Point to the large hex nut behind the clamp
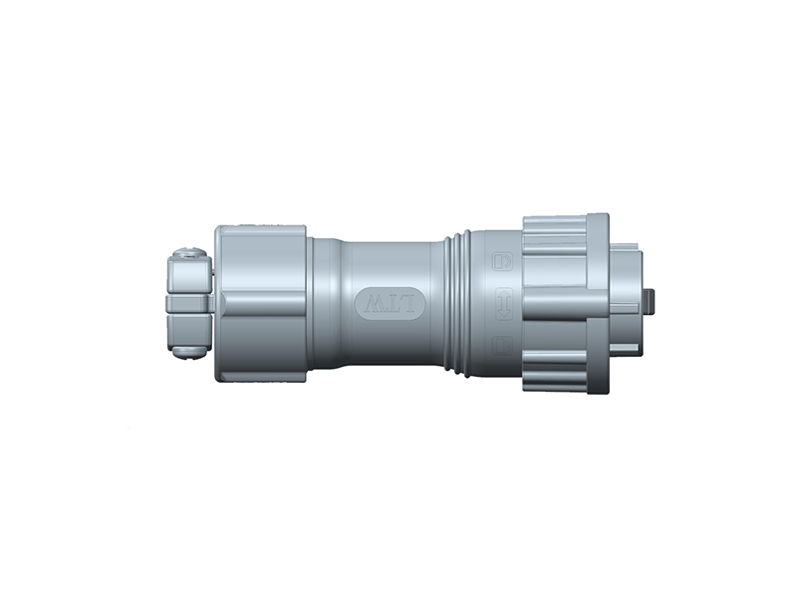tap(261, 303)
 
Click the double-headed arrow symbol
tap(504, 302)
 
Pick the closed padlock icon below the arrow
tap(504, 345)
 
